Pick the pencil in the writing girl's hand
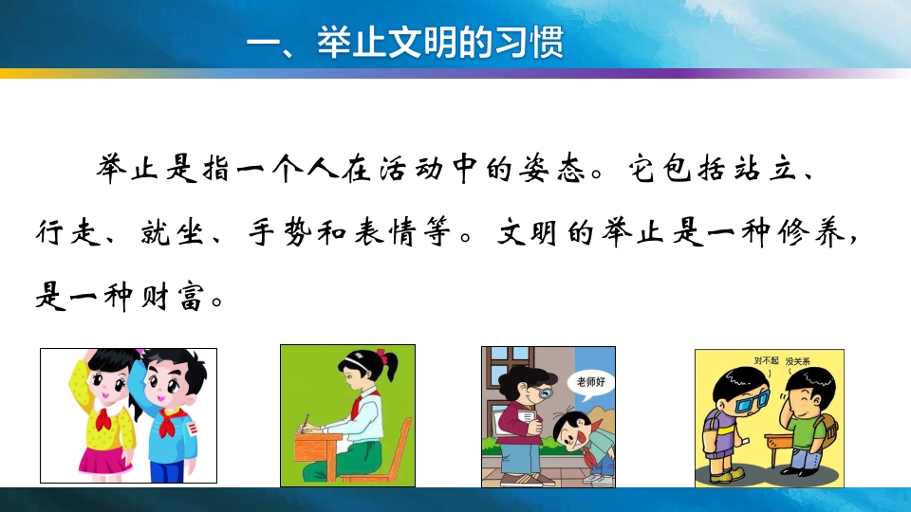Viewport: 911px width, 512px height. [307, 418]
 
